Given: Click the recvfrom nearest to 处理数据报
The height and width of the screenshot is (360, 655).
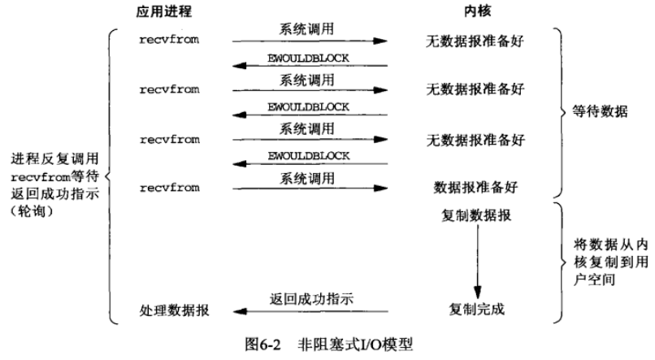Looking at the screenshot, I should [169, 188].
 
